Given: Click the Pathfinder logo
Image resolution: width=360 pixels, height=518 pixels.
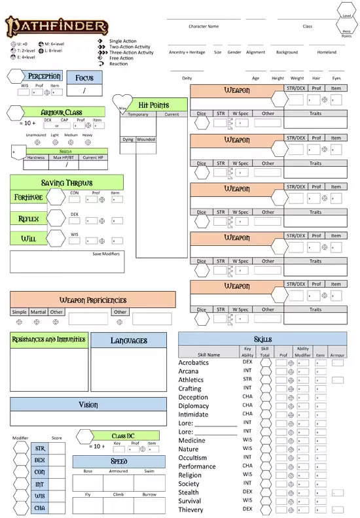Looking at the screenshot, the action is [x=57, y=27].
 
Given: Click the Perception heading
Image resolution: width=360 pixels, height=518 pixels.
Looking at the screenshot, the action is [x=44, y=77].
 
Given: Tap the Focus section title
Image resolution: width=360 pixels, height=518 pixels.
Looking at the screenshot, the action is [x=84, y=78].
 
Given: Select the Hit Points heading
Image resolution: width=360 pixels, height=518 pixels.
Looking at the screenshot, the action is [x=154, y=105].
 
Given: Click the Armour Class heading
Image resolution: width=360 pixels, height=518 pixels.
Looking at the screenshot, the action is [x=61, y=112].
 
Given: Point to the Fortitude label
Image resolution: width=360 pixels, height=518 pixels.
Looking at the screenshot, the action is [x=28, y=197].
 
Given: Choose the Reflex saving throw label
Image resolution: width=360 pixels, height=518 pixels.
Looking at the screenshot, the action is [x=28, y=218].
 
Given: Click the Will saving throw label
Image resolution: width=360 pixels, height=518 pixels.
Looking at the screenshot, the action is [x=28, y=239].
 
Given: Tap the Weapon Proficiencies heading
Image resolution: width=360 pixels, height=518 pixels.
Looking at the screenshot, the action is [x=92, y=300].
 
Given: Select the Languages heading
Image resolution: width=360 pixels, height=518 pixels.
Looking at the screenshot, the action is [x=128, y=340].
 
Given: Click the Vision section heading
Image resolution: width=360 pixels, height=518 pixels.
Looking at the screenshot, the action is [x=88, y=405].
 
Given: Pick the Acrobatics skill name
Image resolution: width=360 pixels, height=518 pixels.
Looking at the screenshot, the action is [x=194, y=362].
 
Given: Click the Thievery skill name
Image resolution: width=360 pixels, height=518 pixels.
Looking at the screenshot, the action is [x=191, y=509].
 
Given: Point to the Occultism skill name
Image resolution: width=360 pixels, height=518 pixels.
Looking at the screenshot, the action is [x=193, y=458].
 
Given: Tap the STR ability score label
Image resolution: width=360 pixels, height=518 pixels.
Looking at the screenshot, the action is [x=40, y=449].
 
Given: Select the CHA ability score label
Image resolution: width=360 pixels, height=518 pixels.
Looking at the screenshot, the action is [x=40, y=508].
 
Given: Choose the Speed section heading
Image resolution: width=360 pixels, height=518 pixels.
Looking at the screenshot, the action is [x=118, y=461].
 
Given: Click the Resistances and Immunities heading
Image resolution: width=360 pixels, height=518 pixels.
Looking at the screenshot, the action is [x=48, y=339].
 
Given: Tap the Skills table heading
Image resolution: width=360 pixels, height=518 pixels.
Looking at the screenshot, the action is [x=262, y=339].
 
